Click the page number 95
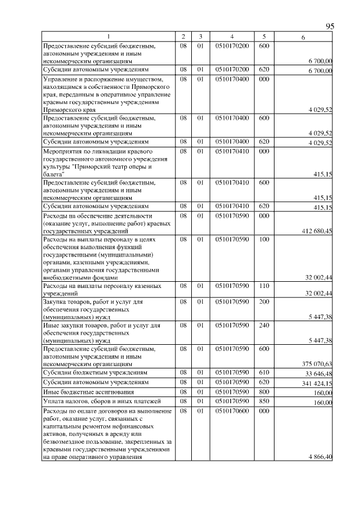click(330, 27)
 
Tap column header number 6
click(303, 37)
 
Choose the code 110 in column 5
click(264, 286)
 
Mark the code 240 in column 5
click(264, 325)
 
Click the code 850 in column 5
click(264, 401)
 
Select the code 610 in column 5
click(264, 372)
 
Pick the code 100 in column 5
click(264, 240)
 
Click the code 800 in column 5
click(264, 391)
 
